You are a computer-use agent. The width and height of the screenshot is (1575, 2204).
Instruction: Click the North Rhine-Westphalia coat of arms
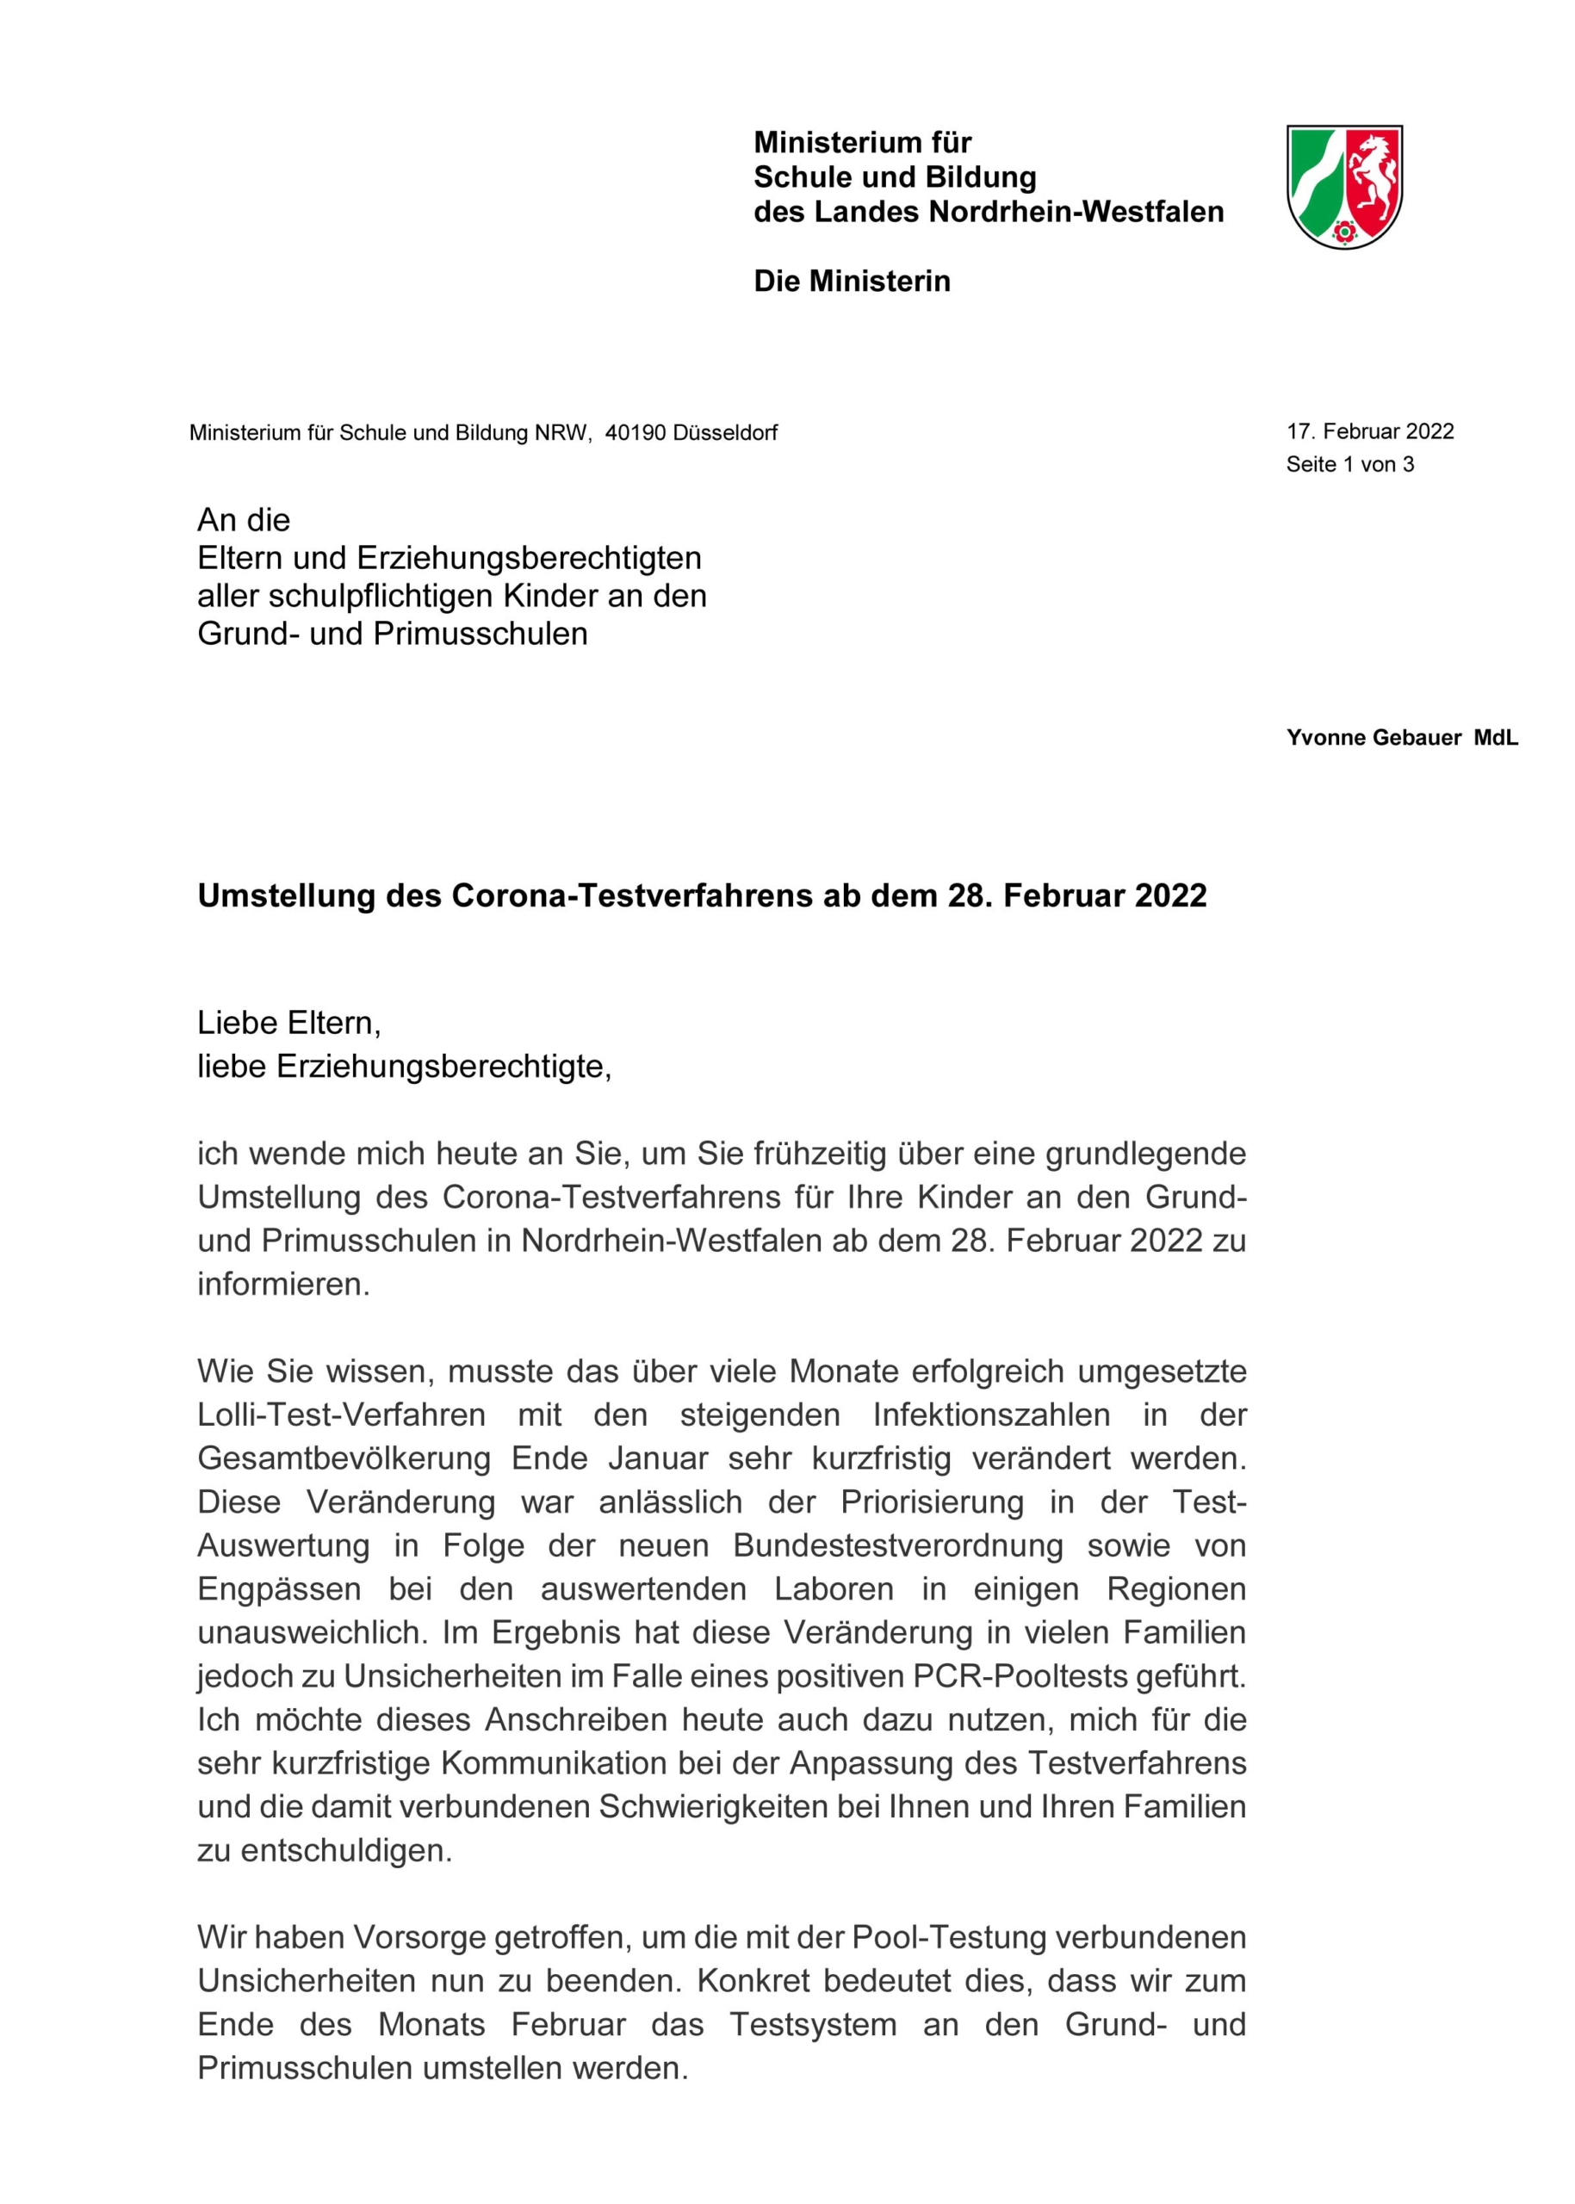1343,186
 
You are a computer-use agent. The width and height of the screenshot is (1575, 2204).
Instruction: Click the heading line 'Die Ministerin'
852,282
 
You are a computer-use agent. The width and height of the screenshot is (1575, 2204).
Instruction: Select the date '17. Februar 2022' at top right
1369,431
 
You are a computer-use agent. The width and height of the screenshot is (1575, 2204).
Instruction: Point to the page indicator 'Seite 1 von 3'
1349,464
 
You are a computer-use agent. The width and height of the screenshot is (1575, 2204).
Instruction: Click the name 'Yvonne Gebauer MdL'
1401,738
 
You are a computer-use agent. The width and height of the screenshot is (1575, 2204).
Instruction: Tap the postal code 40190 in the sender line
636,432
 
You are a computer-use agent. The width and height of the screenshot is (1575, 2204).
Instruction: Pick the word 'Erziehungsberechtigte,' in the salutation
444,1067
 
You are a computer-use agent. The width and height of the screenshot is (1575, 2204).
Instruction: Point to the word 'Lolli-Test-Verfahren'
341,1415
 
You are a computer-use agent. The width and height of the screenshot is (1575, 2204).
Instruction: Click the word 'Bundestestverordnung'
898,1545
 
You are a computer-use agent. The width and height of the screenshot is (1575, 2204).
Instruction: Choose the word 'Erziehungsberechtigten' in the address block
529,559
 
